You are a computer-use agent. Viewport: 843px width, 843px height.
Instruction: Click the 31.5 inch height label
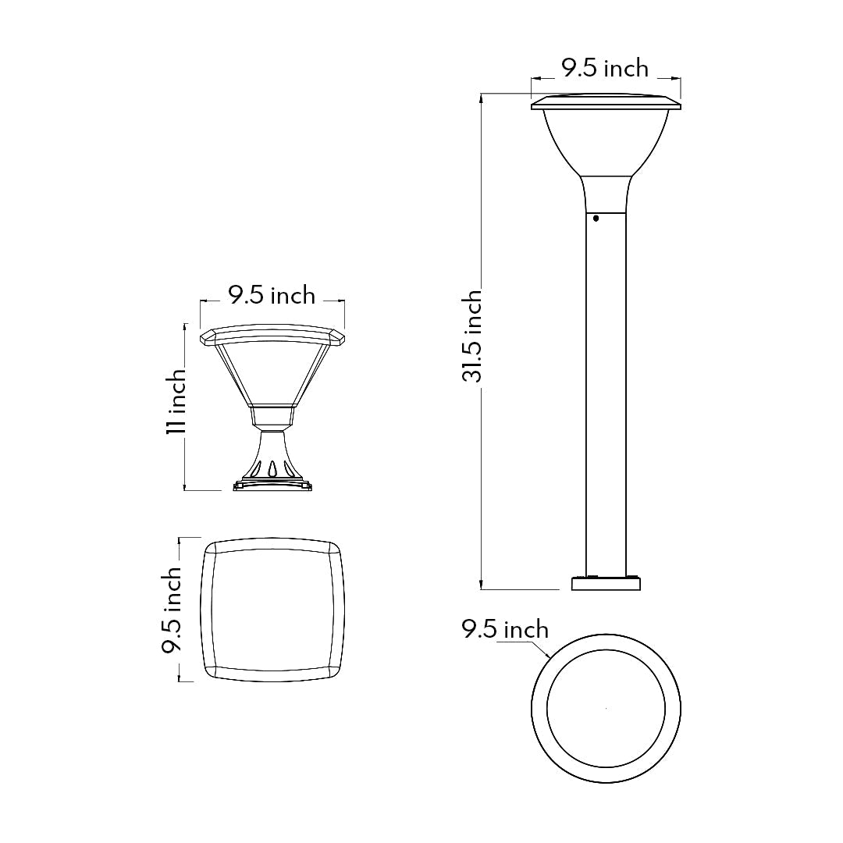pyautogui.click(x=471, y=336)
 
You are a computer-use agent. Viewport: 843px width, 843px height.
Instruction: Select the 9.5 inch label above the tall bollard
pyautogui.click(x=605, y=69)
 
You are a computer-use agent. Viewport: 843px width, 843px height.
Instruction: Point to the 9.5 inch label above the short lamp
pyautogui.click(x=272, y=295)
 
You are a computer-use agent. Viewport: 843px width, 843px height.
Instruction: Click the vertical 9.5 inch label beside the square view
pyautogui.click(x=172, y=610)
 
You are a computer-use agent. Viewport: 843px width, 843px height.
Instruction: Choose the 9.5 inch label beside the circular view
pyautogui.click(x=505, y=629)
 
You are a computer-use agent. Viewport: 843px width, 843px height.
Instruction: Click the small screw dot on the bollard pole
pyautogui.click(x=596, y=219)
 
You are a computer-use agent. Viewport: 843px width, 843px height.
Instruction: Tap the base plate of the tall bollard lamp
pyautogui.click(x=606, y=583)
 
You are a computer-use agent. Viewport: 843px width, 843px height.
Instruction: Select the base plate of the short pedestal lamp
pyautogui.click(x=272, y=486)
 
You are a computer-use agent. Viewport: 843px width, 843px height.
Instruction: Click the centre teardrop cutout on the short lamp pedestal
pyautogui.click(x=272, y=468)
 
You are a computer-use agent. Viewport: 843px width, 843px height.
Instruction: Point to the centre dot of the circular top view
pyautogui.click(x=606, y=709)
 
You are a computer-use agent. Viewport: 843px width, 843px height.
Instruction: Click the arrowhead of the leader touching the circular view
pyautogui.click(x=550, y=659)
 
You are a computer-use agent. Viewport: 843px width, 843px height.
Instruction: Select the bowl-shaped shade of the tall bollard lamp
pyautogui.click(x=606, y=140)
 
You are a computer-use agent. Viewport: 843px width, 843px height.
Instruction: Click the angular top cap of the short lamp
pyautogui.click(x=272, y=336)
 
